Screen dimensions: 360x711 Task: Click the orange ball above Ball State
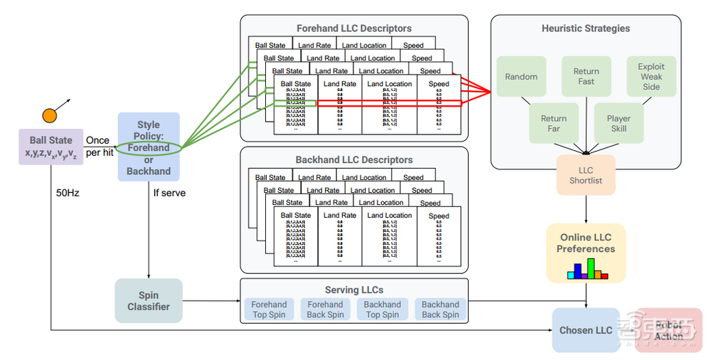(x=50, y=115)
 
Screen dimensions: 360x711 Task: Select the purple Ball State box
(x=50, y=147)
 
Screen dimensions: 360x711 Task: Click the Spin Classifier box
(x=149, y=300)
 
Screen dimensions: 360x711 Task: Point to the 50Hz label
(x=68, y=192)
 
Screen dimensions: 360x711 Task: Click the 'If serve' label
(x=169, y=193)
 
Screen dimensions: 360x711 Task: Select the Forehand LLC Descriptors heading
(x=354, y=28)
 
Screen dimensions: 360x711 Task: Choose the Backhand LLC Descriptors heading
(x=354, y=160)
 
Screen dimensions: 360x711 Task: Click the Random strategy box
(x=521, y=77)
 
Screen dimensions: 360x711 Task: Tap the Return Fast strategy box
(x=587, y=77)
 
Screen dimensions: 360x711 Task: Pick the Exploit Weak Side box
(x=651, y=77)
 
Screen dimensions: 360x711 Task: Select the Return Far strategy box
(x=554, y=124)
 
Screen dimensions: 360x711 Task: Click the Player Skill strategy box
(x=619, y=124)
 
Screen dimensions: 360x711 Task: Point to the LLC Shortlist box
(x=586, y=175)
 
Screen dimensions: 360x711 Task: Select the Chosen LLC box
(x=586, y=330)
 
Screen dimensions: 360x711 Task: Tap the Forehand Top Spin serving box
(x=269, y=309)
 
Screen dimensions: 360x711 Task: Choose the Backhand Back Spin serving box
(x=440, y=309)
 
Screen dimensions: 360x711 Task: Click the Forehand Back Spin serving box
(x=326, y=309)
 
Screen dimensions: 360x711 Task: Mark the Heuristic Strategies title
(x=586, y=28)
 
